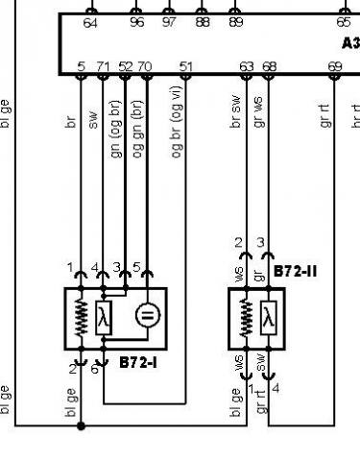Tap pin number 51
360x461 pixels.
(186, 66)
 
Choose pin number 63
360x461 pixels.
(248, 66)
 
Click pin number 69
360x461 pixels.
(335, 66)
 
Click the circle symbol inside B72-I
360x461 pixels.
(145, 315)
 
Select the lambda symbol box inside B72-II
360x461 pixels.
(268, 319)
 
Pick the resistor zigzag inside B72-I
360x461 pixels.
(81, 316)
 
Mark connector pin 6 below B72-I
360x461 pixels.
(94, 369)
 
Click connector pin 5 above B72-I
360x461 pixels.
(137, 266)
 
